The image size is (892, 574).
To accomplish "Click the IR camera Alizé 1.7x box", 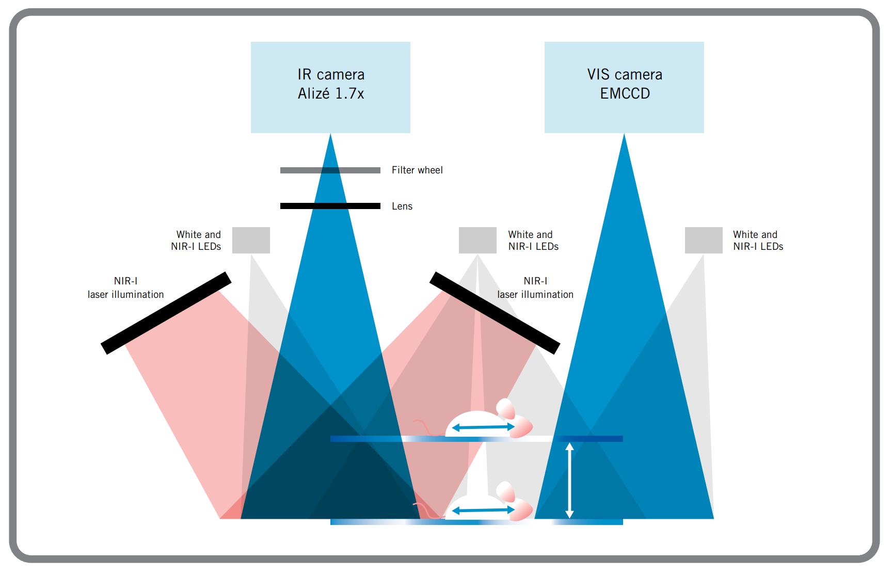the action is (x=330, y=87).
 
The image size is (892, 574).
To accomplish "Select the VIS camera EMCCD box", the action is (x=624, y=87).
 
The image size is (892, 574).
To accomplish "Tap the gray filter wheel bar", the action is (x=330, y=170).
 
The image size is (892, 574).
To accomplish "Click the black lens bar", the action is (x=330, y=206).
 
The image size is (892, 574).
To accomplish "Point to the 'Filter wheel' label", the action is (x=417, y=170).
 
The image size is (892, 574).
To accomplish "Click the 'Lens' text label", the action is (x=402, y=206).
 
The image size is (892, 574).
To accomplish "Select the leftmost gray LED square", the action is (x=251, y=240).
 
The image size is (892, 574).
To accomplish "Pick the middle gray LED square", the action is (x=477, y=240).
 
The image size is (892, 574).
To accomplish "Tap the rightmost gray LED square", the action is (x=704, y=240).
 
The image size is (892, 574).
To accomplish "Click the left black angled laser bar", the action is (x=166, y=313).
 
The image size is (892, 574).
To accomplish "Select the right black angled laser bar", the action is (x=495, y=313).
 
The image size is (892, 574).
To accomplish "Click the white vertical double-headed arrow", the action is (x=569, y=480).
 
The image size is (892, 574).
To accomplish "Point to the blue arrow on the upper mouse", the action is (x=483, y=427).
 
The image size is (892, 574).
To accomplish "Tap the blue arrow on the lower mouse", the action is (x=483, y=510).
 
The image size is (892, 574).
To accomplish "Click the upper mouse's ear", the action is (x=505, y=408).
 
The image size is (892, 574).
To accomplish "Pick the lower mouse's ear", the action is (x=505, y=491).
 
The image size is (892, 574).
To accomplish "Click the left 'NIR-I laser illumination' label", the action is (x=125, y=288).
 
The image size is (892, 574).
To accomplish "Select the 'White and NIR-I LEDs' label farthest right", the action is (x=758, y=241).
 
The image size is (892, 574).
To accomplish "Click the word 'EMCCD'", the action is (x=625, y=93).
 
